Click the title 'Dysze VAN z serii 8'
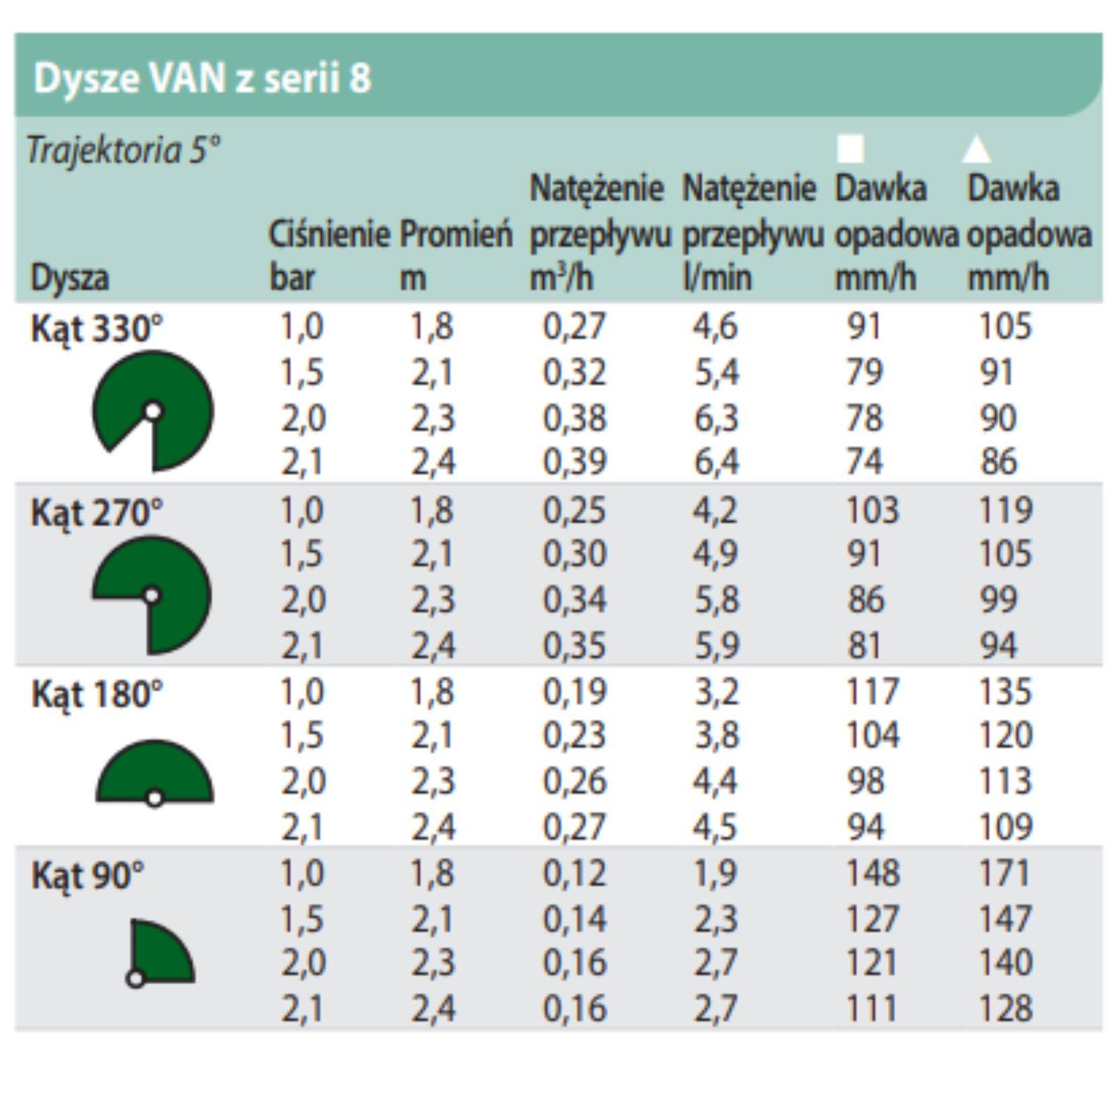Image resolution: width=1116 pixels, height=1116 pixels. pyautogui.click(x=202, y=78)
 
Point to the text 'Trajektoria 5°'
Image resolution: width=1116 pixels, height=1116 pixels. pyautogui.click(x=124, y=150)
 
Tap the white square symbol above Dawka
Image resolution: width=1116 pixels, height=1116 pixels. pyautogui.click(x=850, y=149)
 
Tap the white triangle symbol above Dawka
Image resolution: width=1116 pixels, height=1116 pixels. pyautogui.click(x=976, y=149)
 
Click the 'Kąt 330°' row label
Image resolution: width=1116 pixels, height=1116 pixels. pyautogui.click(x=96, y=329)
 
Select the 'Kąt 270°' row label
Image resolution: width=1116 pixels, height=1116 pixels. pyautogui.click(x=96, y=513)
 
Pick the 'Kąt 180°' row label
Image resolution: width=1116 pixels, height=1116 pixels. pyautogui.click(x=96, y=695)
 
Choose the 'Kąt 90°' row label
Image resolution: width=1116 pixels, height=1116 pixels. pyautogui.click(x=88, y=876)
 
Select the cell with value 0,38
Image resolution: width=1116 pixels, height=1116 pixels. pyautogui.click(x=575, y=418)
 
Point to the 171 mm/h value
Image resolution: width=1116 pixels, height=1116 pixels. pyautogui.click(x=1004, y=873)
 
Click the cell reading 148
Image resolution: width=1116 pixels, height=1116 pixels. pyautogui.click(x=872, y=873)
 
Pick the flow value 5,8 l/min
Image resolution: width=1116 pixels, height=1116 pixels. pyautogui.click(x=716, y=600)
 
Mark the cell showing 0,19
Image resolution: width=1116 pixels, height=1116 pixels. pyautogui.click(x=575, y=692)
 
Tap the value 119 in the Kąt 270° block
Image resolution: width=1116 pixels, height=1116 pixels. pyautogui.click(x=1004, y=511)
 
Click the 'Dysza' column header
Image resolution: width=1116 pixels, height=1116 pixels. pyautogui.click(x=70, y=278)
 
